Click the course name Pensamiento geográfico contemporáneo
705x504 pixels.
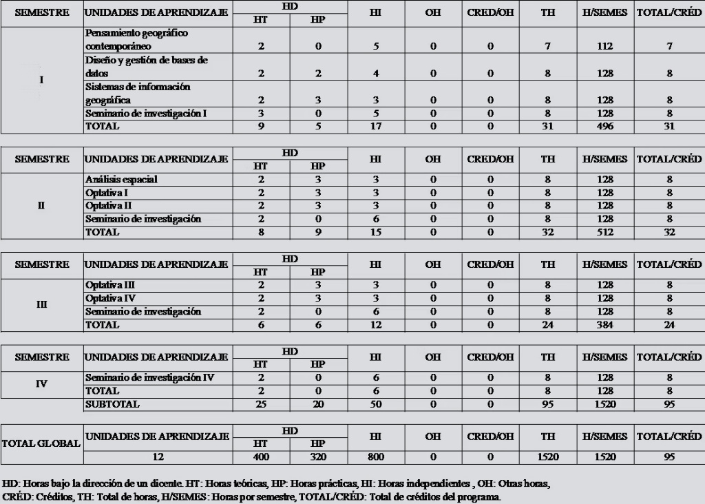136,39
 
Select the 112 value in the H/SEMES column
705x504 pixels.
604,46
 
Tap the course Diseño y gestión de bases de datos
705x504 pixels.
146,66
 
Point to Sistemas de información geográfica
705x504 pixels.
138,94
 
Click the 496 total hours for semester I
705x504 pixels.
604,126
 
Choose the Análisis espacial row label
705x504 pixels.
121,180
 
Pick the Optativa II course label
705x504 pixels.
109,206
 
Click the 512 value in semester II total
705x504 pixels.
604,232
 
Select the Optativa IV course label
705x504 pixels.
109,298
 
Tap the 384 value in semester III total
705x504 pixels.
604,325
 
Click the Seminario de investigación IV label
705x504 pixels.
150,378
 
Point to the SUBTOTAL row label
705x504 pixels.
112,404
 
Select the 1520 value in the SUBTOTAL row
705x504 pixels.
604,404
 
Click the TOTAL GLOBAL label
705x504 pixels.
41,443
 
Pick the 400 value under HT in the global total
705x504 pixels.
261,456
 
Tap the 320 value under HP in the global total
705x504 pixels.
317,456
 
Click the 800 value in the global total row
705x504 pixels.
375,456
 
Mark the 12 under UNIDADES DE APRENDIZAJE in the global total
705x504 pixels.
158,456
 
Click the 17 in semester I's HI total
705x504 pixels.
375,126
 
